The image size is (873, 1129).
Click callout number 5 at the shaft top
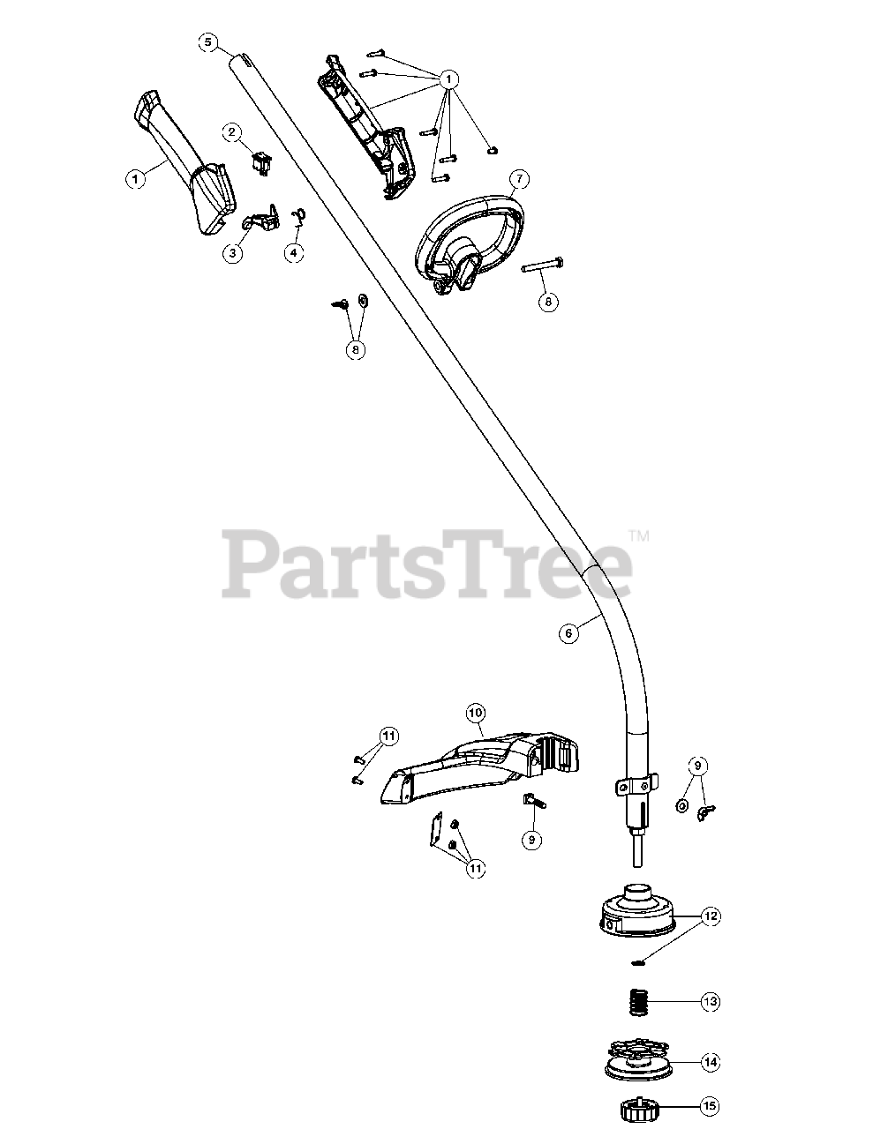(x=207, y=41)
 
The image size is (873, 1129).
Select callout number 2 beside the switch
(x=233, y=133)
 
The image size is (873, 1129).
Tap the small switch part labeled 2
(x=262, y=161)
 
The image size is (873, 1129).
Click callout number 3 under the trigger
(x=233, y=253)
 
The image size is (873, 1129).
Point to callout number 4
(x=294, y=253)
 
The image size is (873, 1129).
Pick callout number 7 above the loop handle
(x=518, y=180)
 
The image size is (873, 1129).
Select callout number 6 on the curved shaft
(x=569, y=632)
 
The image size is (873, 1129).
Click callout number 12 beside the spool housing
(x=711, y=917)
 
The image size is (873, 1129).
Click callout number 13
(x=711, y=1002)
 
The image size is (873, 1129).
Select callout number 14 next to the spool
(x=711, y=1063)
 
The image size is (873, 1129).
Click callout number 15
(x=711, y=1105)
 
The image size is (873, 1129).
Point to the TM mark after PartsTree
(x=638, y=535)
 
